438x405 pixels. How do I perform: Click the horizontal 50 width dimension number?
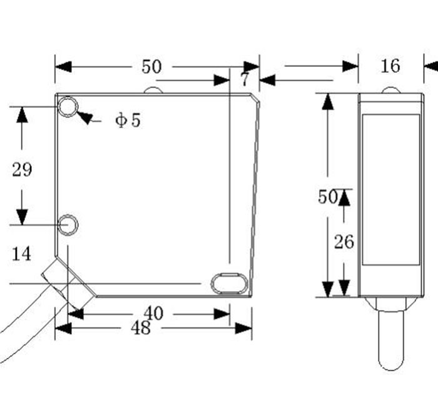coord(151,67)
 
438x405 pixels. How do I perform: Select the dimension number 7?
coord(245,79)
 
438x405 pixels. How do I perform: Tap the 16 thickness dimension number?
coord(390,66)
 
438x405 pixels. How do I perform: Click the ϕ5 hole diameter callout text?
coord(128,120)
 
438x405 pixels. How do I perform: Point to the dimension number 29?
coord(22,169)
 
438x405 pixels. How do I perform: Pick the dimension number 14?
coord(21,254)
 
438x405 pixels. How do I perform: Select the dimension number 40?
coord(153,313)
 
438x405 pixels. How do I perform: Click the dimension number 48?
coord(141,327)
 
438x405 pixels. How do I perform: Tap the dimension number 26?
coord(344,241)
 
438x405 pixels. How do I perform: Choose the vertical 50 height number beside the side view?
coord(328,197)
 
